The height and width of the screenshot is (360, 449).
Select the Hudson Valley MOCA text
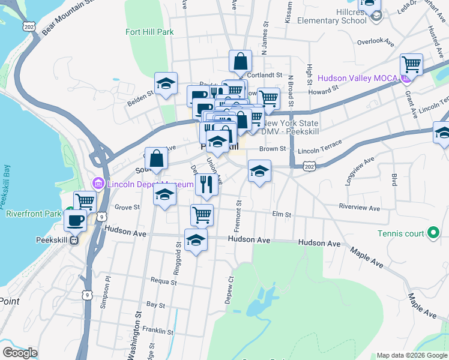tap(357, 78)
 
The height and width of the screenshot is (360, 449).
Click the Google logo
tap(20, 352)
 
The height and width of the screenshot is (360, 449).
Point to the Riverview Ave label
tap(359, 208)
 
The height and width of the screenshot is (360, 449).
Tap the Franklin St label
tap(158, 331)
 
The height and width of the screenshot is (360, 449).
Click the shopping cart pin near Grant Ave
tap(411, 64)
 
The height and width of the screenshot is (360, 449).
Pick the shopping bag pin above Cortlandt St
tap(240, 61)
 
